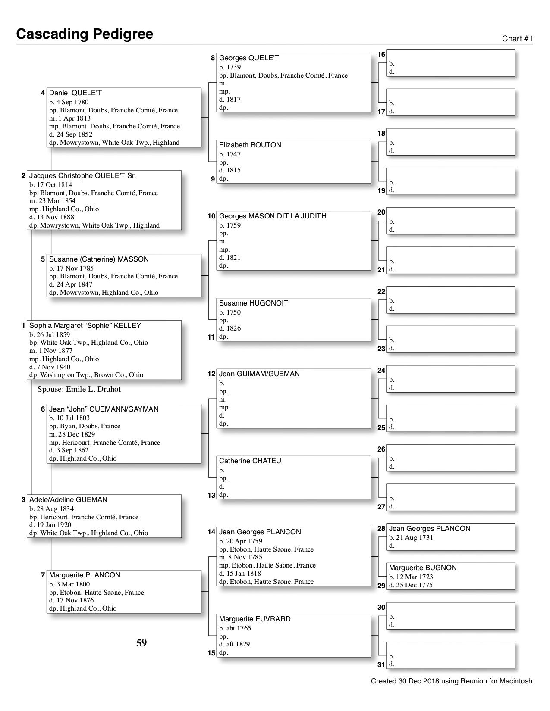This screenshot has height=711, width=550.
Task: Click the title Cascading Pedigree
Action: click(85, 34)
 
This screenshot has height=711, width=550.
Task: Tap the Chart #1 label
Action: click(517, 39)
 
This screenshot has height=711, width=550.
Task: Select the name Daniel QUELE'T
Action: click(75, 93)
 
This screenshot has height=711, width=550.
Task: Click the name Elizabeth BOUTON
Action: click(250, 145)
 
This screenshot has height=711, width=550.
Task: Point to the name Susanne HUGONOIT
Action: click(253, 303)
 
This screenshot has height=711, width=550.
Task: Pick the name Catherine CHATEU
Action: click(250, 461)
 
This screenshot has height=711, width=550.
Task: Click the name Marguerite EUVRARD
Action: click(255, 619)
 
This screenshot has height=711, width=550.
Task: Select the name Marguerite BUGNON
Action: click(422, 568)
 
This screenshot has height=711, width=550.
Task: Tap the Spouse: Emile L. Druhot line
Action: click(79, 390)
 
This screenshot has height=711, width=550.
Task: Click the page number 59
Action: click(141, 643)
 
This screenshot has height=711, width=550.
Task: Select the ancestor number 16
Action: click(381, 55)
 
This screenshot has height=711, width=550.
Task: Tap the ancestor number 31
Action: click(381, 664)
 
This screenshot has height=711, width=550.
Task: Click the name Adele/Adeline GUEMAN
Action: click(68, 500)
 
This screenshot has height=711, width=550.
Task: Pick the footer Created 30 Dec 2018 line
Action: click(451, 681)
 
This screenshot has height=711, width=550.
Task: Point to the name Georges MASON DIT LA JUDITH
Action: click(273, 216)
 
